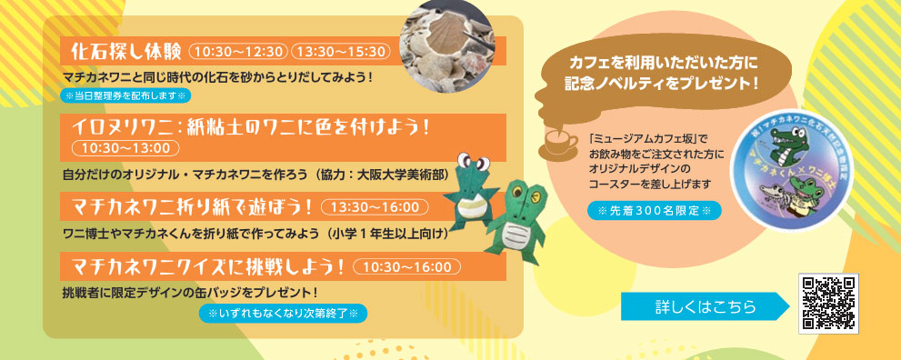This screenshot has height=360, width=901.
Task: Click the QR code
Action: point(828,303)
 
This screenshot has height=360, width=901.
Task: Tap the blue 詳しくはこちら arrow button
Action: point(705,306)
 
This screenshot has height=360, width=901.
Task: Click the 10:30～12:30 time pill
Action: point(238,52)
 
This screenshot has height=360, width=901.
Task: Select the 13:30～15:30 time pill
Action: point(341,52)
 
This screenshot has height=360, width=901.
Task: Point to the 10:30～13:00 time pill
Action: point(125,147)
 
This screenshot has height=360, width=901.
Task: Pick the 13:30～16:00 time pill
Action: point(375,206)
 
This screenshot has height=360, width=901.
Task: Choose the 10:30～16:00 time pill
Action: point(406,266)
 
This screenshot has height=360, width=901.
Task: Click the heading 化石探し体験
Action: point(125,51)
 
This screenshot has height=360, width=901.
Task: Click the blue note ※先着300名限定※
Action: point(654,211)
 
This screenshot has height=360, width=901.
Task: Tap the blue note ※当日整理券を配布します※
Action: point(125,95)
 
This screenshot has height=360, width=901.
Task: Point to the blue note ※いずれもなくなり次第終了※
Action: point(283,314)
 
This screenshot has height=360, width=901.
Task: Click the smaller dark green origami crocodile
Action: point(472,189)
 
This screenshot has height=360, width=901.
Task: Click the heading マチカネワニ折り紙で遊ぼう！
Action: point(193,206)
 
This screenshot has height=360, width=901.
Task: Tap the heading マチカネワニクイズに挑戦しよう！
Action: point(208,265)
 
